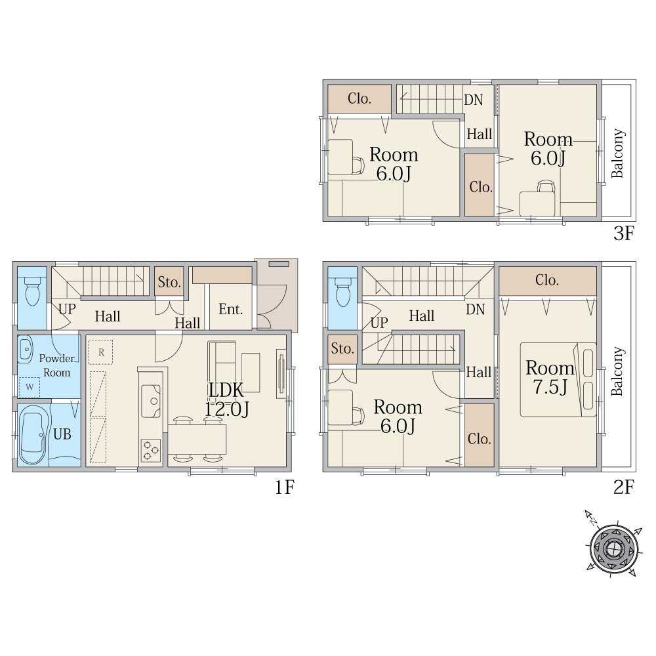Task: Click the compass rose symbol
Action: click(613, 547)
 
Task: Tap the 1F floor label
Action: click(285, 487)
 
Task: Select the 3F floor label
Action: click(624, 233)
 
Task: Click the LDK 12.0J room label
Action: click(226, 399)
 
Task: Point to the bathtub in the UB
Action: click(32, 438)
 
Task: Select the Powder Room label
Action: click(57, 365)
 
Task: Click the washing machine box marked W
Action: click(30, 387)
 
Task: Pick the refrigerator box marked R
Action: click(100, 352)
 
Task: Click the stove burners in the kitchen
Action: click(151, 450)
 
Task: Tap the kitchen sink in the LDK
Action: click(151, 401)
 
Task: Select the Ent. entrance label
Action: click(230, 309)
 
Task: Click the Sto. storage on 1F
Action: click(169, 281)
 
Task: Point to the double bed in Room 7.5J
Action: click(558, 379)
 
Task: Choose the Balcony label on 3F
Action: click(618, 153)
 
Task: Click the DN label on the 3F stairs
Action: click(474, 100)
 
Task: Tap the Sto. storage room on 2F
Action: click(342, 349)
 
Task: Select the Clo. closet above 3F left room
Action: click(359, 99)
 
